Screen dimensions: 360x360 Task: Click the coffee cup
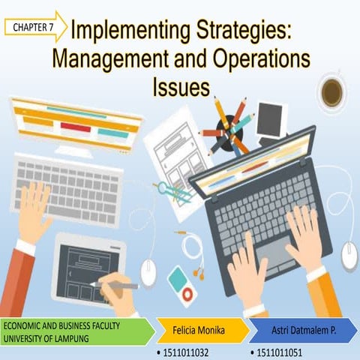pos(332,93)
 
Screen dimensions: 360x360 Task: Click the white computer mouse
pos(349,256)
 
